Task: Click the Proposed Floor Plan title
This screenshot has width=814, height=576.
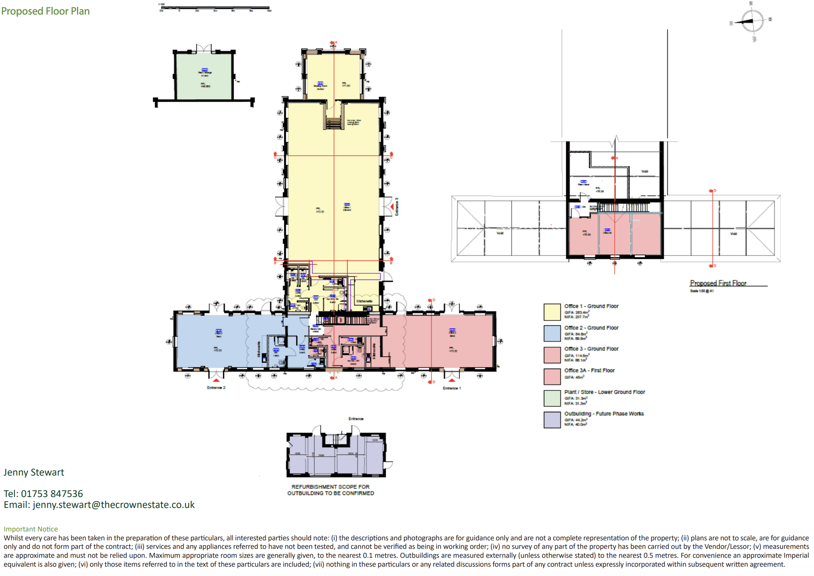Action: tap(45, 11)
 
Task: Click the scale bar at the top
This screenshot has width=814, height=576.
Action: tap(215, 8)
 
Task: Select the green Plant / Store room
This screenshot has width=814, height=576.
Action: tap(204, 77)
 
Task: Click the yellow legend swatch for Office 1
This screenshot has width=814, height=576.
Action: tap(552, 312)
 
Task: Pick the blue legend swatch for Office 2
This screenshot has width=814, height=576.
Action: tap(552, 333)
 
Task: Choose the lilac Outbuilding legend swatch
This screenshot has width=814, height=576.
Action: tap(552, 420)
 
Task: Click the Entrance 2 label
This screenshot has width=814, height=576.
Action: tap(216, 388)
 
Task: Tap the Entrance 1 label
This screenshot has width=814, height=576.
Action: tap(452, 388)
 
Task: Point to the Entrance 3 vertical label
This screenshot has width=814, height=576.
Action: tap(397, 207)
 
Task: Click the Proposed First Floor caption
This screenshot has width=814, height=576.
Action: tap(718, 283)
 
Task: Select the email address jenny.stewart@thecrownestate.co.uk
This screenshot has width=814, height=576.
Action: tap(113, 505)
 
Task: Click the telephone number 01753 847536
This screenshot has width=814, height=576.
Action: tap(52, 494)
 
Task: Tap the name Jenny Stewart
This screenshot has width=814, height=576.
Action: tap(34, 472)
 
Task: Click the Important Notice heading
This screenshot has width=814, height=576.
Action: tap(31, 529)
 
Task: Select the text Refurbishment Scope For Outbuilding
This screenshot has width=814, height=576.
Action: tap(330, 490)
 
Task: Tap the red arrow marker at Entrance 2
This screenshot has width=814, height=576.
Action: tap(216, 380)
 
